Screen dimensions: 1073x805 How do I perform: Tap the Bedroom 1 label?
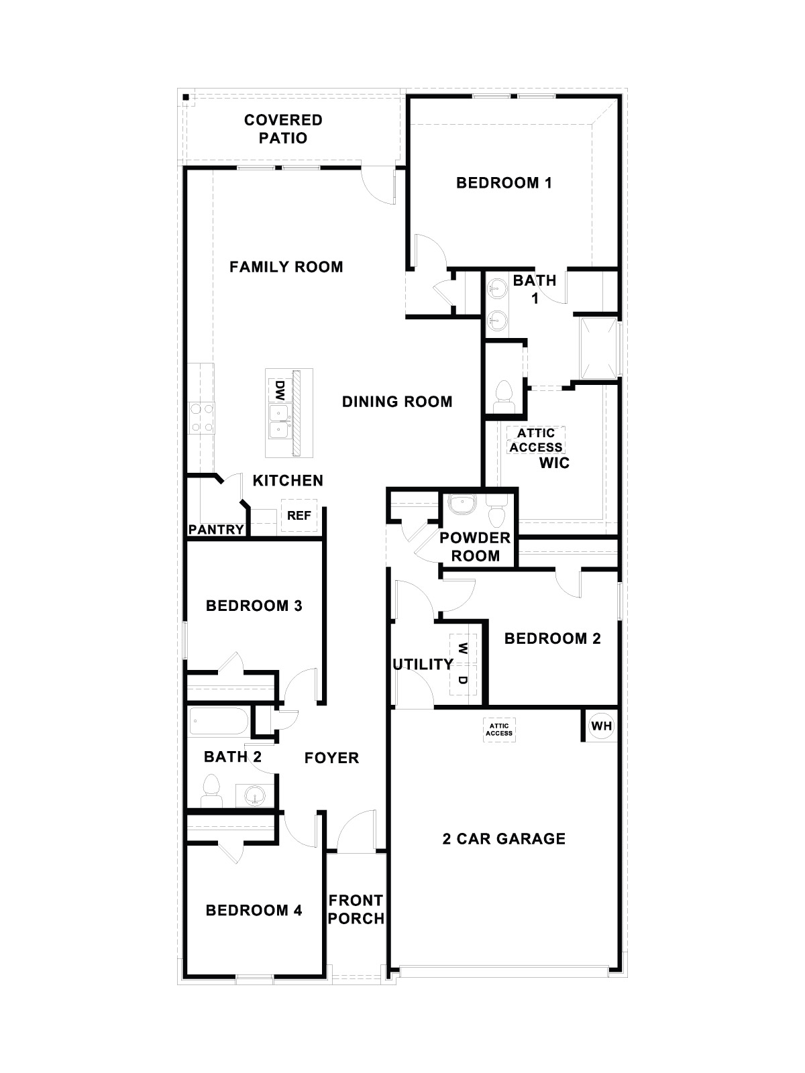pos(504,182)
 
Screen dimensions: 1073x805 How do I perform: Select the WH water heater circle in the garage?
pos(600,726)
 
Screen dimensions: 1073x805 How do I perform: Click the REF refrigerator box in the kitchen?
pos(299,516)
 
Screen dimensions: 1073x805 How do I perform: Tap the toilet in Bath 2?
pos(211,791)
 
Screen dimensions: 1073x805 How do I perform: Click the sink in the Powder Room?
pos(461,504)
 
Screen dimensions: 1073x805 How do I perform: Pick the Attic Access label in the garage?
pos(499,729)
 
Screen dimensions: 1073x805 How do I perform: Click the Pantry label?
pos(216,530)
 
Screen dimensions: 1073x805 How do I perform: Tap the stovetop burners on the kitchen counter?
pos(201,416)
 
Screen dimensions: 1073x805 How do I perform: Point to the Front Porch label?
pos(356,909)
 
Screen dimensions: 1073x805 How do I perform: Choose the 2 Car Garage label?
pos(504,838)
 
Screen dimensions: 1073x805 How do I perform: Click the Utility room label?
pos(423,664)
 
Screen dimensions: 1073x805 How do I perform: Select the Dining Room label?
pos(397,402)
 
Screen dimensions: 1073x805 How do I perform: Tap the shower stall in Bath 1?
pos(598,347)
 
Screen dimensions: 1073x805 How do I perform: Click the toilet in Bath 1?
pos(502,397)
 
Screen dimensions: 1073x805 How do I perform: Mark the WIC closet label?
pos(555,463)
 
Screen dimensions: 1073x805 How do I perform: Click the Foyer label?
pos(331,758)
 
